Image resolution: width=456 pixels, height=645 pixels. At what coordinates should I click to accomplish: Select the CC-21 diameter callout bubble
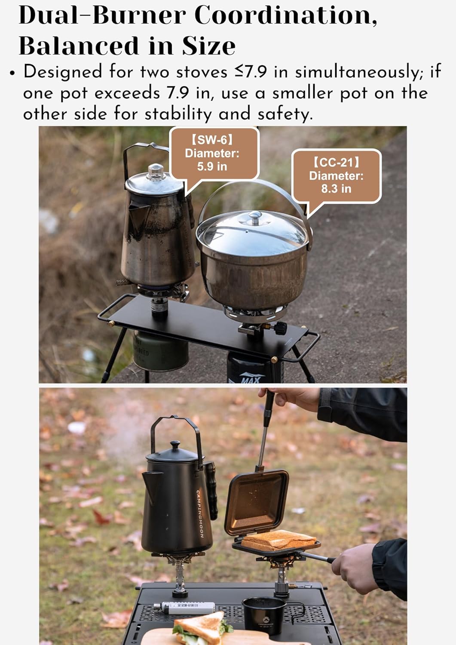click(336, 175)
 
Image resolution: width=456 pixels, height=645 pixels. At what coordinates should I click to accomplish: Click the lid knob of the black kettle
click(175, 445)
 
